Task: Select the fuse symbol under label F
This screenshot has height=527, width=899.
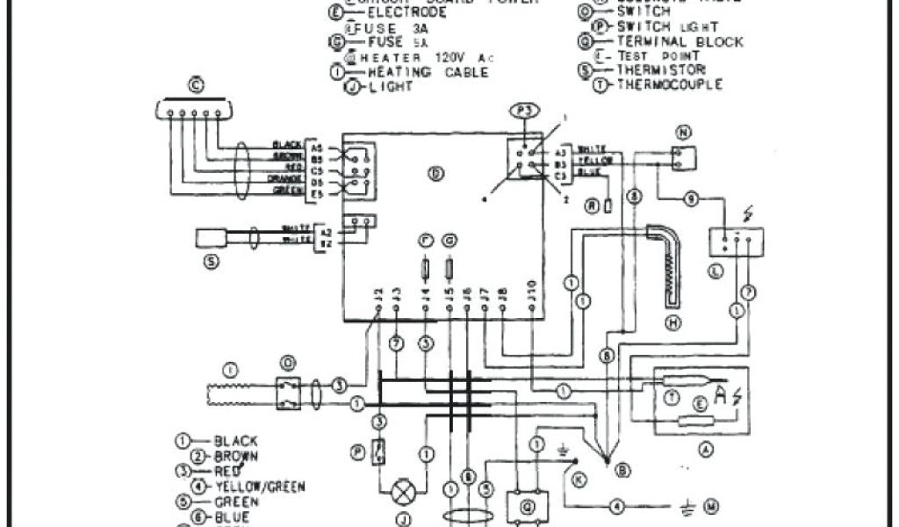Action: coord(426,266)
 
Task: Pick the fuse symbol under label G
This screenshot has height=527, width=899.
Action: coord(450,266)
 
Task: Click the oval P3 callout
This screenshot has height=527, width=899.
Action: coord(523,112)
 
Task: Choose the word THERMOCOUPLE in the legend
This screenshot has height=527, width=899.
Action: coord(670,84)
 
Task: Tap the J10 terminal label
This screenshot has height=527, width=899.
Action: coord(532,293)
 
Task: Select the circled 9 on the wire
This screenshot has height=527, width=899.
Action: coord(691,200)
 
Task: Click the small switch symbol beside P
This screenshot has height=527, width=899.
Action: coord(378,451)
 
